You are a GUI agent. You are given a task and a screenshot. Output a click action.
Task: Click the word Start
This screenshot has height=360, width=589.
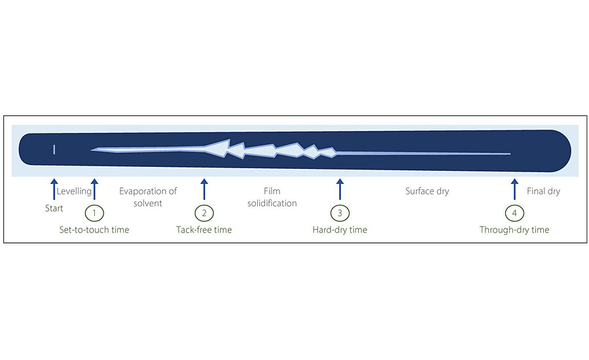click(54, 209)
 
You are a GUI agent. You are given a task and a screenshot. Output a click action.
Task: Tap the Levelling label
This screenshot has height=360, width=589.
click(74, 191)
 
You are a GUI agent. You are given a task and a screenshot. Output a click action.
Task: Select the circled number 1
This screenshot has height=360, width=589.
click(95, 213)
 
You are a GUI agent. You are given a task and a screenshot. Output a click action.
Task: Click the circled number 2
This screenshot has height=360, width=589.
click(204, 213)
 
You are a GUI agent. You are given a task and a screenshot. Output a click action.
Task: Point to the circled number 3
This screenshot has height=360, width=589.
click(340, 213)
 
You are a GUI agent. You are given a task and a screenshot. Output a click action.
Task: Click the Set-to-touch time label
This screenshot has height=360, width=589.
click(94, 230)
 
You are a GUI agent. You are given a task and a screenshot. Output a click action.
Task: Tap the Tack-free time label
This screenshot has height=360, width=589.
click(204, 230)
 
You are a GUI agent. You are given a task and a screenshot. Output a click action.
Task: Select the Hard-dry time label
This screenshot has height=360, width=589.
click(340, 230)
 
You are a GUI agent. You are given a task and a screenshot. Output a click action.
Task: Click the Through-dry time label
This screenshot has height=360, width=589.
click(514, 230)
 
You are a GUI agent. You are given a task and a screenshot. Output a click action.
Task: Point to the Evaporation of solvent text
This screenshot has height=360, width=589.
click(148, 197)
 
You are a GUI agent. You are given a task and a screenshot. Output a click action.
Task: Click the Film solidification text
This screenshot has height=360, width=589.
click(272, 197)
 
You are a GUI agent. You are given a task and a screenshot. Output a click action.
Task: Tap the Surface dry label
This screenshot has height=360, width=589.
click(427, 191)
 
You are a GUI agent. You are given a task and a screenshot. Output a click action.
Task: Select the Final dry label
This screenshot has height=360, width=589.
click(543, 191)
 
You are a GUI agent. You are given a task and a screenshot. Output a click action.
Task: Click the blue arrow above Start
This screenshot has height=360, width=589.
click(54, 190)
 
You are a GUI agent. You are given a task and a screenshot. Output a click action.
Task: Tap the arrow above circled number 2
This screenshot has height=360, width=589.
click(204, 190)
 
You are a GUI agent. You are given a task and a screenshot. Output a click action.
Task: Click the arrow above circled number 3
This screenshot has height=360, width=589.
click(340, 190)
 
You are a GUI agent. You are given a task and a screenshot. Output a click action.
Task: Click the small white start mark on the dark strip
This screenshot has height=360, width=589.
click(54, 150)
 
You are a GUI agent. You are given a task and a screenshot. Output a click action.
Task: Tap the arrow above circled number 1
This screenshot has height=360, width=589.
click(95, 190)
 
